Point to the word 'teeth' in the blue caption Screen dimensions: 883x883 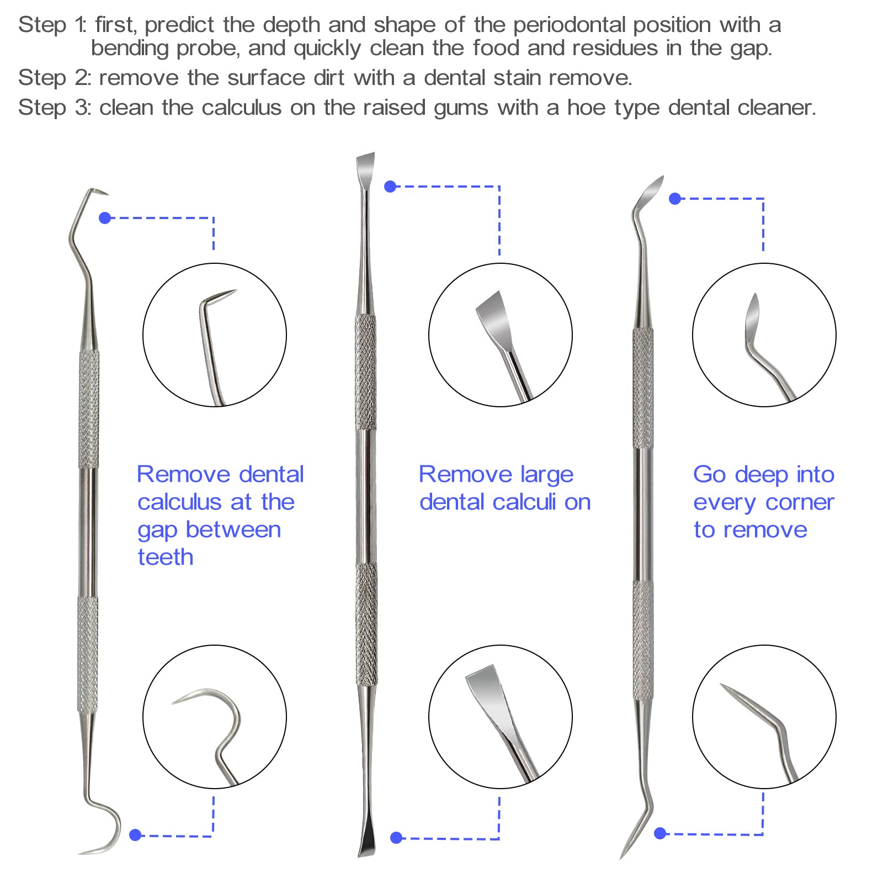(166, 557)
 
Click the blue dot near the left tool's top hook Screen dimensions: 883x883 (105, 218)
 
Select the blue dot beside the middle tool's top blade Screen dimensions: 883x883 (390, 187)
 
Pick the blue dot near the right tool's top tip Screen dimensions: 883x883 (674, 199)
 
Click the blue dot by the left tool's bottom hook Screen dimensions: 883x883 (135, 835)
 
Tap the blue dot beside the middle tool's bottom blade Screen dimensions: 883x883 (396, 838)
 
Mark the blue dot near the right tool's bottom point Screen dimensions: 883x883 (660, 833)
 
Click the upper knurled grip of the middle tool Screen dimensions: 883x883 (365, 373)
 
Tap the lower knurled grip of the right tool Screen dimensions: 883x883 (642, 640)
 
